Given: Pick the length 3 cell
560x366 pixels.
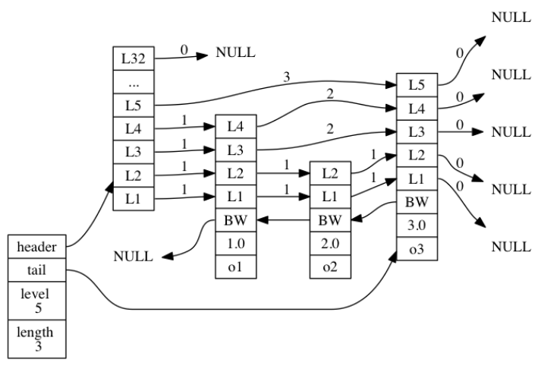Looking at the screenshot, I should [x=36, y=337].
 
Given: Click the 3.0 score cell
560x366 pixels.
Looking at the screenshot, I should [x=417, y=225].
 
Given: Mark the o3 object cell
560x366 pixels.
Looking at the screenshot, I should [x=417, y=248].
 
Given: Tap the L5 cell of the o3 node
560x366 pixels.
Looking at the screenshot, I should [x=417, y=84].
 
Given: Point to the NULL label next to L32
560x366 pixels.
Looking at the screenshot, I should [x=235, y=53].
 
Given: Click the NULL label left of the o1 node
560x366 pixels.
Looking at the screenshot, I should [x=133, y=257].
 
